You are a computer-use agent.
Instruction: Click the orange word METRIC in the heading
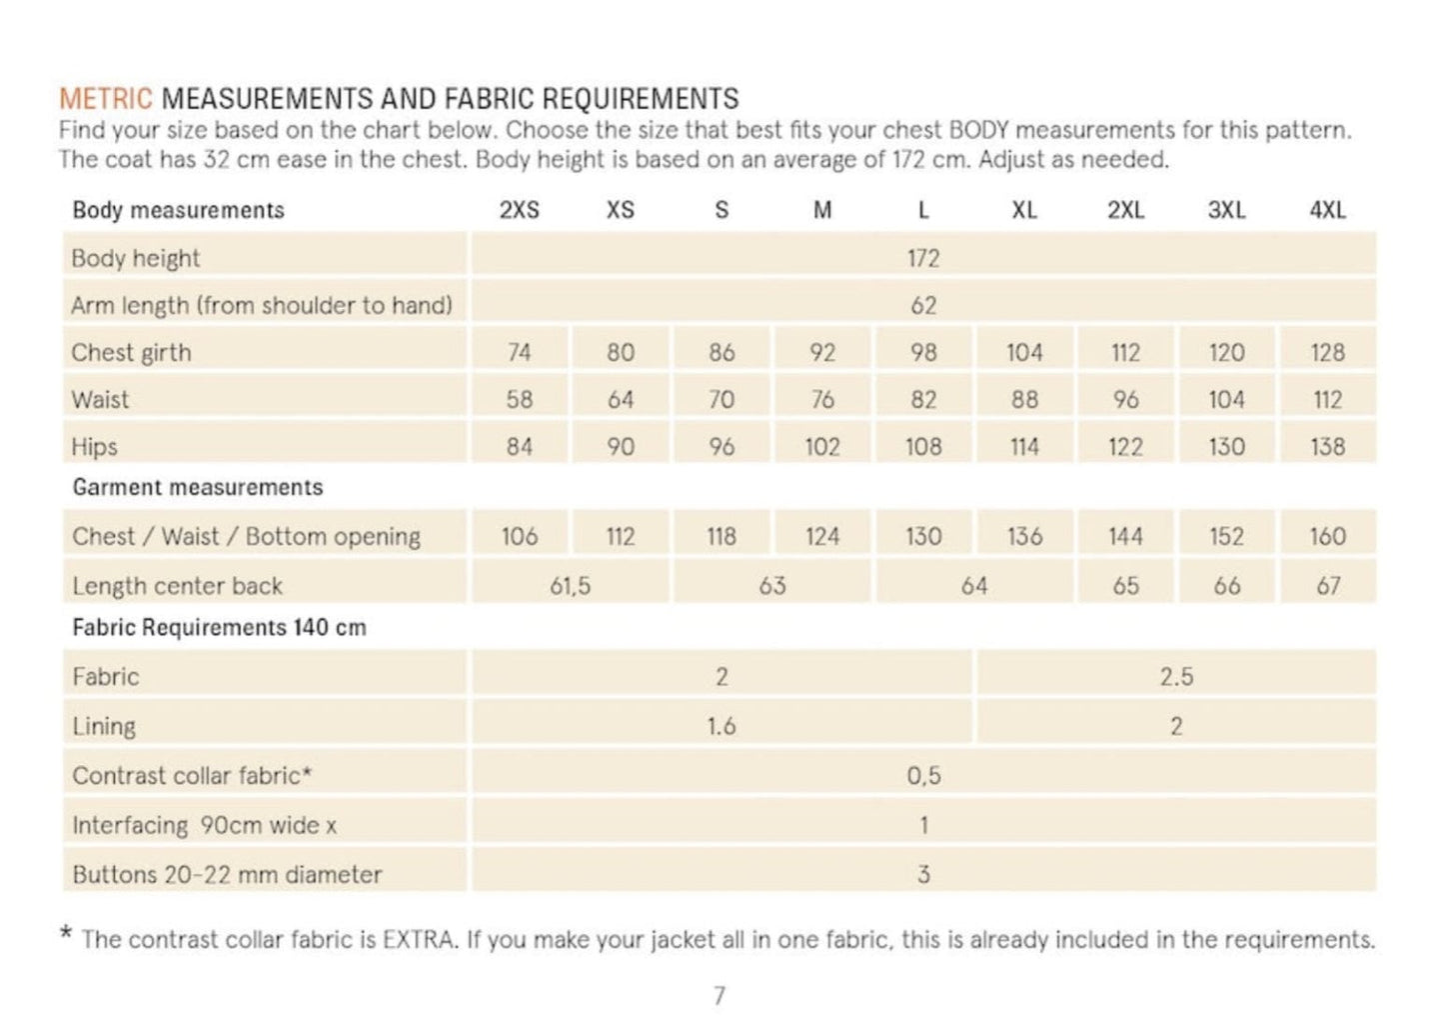coord(105,99)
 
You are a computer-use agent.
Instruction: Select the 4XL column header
coord(1327,210)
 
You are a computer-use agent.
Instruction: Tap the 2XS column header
coord(519,210)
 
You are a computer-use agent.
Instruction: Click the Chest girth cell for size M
coord(821,352)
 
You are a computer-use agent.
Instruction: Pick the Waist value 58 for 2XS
coord(519,399)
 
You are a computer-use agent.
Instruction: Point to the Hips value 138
coord(1327,446)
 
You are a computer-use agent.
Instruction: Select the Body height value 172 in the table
coord(922,258)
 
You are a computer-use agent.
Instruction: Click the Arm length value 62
coord(922,305)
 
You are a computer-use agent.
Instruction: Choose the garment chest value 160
coord(1327,536)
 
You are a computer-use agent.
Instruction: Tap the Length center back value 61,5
coord(570,585)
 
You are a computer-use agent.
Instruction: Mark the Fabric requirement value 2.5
coord(1176,676)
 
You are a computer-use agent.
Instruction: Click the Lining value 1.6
coord(721,726)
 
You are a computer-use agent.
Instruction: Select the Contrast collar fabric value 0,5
coord(922,775)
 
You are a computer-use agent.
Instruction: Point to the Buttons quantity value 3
coord(922,874)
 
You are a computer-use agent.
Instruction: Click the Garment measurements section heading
coord(198,487)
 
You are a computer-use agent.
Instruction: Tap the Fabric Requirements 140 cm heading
coord(219,627)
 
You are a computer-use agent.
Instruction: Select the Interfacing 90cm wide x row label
coord(204,825)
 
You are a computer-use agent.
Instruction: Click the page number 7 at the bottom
coord(719,995)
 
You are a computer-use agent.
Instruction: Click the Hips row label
coord(94,446)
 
